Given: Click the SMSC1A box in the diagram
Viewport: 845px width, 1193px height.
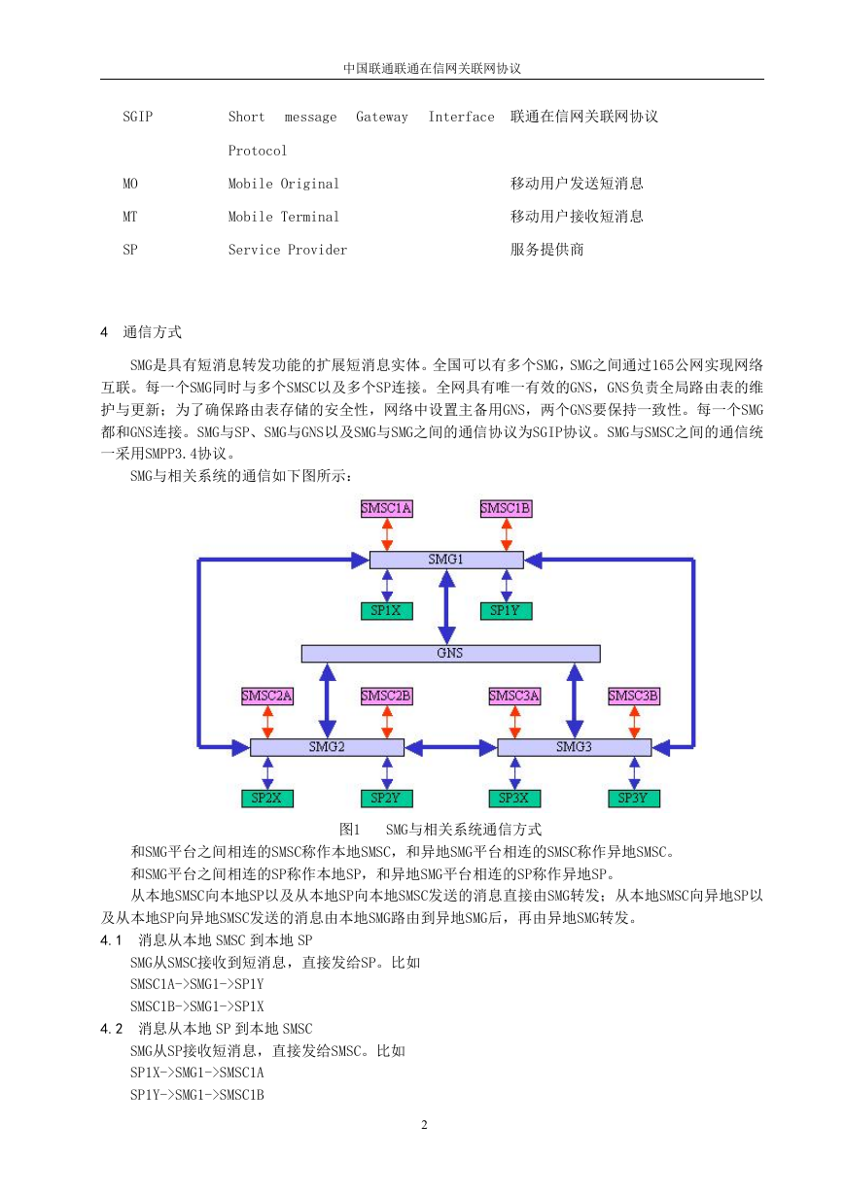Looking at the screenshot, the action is point(386,509).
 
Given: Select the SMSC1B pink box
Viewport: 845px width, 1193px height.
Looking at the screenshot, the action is point(506,509).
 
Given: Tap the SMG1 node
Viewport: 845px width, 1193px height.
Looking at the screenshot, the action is point(446,560).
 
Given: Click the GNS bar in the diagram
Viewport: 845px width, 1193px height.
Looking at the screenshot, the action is point(450,654).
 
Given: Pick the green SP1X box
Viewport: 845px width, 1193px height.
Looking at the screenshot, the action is point(386,611).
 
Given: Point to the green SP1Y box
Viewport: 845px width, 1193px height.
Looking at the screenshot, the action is point(506,611).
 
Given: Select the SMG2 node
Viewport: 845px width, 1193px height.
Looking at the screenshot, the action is point(327,747).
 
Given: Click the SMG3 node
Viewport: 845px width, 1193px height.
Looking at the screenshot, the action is point(574,747).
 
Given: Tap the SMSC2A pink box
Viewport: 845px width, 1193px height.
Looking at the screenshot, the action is point(267,697).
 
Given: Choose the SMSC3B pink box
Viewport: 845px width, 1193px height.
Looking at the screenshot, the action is point(634,697).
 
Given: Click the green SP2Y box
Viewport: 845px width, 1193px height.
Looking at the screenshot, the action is point(386,799).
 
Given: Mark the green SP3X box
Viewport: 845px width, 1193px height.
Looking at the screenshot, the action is point(514,799).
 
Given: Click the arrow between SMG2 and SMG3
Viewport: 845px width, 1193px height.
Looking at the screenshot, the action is point(451,748).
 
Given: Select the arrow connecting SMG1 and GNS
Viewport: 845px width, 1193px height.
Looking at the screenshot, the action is point(446,607).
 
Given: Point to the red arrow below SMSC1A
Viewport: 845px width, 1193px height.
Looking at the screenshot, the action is point(388,534).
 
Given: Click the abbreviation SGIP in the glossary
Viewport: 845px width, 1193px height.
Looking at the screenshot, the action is point(137,117).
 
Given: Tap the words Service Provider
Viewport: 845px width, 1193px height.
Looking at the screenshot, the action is point(288,250).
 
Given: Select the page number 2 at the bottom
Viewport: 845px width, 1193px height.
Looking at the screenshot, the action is point(424,1125).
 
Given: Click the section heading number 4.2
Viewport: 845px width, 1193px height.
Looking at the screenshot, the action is point(112,1029).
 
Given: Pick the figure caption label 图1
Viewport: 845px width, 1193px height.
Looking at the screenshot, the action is point(350,830).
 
